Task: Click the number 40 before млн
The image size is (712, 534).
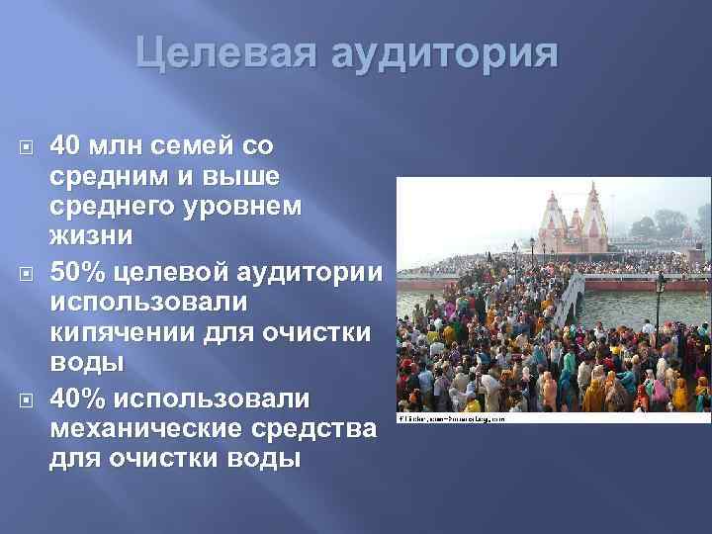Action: coord(67,147)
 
